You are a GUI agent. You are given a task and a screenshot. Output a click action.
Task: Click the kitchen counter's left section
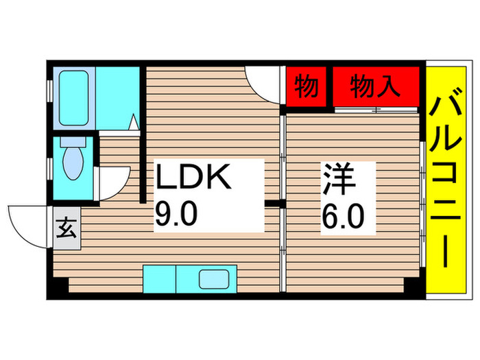(159, 279)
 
